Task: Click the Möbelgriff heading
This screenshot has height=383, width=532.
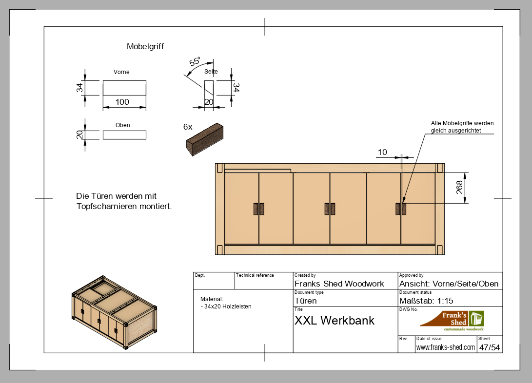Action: pos(145,47)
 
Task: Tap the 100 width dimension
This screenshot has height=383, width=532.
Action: pos(122,102)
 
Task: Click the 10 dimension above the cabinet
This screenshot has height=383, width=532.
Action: pos(382,153)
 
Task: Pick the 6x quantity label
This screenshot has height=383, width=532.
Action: pos(188,127)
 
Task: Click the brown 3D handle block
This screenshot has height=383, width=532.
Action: pos(205,139)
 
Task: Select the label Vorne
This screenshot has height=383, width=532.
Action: pos(121,72)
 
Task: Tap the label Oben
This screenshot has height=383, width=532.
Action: pos(123,125)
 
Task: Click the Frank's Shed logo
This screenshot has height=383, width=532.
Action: pos(452,321)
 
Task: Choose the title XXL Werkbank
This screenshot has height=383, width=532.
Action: pos(335,321)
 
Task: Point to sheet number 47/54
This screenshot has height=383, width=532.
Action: pos(489,347)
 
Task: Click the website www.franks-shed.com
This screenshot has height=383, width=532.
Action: pos(445,347)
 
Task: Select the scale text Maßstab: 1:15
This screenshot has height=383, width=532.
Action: pos(426,301)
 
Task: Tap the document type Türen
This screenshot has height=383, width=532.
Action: pos(306,301)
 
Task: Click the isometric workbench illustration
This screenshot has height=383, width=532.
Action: pos(113,312)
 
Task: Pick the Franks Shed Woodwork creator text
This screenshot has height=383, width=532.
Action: pos(339,284)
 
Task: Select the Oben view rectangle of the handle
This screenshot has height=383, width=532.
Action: pos(124,135)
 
